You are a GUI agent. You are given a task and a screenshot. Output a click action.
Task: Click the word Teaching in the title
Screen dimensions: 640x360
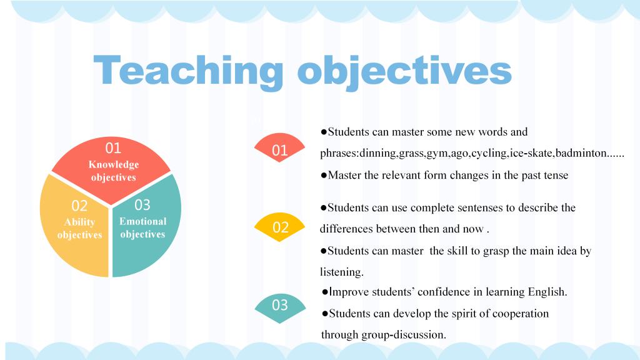[x=188, y=72]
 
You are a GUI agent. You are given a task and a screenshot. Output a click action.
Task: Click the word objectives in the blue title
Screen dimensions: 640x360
[x=404, y=72]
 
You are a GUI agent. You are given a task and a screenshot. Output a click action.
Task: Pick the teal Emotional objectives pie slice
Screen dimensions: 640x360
[x=146, y=226]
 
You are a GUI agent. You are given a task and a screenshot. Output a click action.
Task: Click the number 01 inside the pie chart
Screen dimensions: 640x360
[x=113, y=147]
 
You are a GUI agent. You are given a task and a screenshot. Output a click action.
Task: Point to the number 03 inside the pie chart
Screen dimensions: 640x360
[x=142, y=204]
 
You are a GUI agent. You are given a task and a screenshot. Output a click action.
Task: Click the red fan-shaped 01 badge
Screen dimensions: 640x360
[x=279, y=147]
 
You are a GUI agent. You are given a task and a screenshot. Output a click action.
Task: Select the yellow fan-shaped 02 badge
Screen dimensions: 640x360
[x=279, y=227]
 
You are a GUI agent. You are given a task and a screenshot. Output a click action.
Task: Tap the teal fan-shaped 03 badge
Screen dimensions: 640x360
[x=280, y=308]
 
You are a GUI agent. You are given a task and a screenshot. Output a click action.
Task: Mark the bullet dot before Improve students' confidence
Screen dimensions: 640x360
[x=325, y=292]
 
